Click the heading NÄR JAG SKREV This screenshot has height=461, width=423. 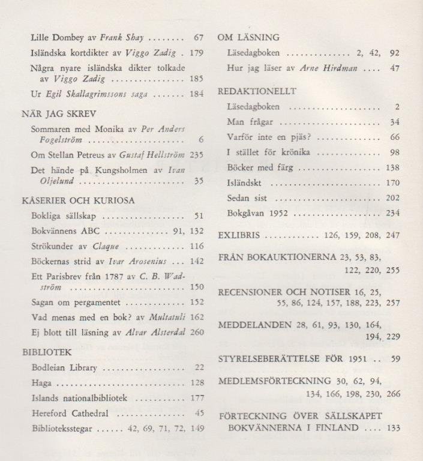(x=59, y=113)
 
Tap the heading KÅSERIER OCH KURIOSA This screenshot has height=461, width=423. (x=78, y=200)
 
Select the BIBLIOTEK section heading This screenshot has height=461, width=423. (x=47, y=352)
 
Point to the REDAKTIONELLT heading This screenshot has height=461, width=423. (x=257, y=91)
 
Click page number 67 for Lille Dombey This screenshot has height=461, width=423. (x=199, y=37)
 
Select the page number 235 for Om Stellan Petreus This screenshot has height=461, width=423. (x=197, y=154)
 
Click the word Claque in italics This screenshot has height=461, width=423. (x=106, y=247)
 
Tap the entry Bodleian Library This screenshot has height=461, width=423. (x=64, y=368)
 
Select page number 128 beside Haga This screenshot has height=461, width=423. (x=197, y=382)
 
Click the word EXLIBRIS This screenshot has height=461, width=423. (x=239, y=235)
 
